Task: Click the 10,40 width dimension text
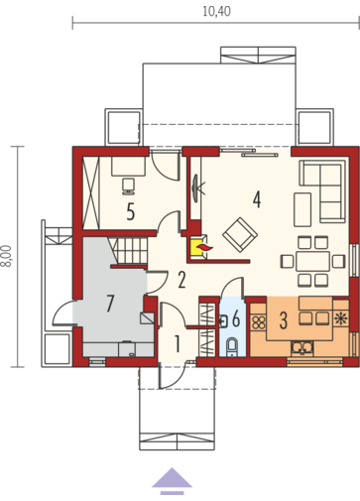click(x=216, y=12)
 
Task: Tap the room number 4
click(x=257, y=199)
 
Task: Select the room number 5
click(x=131, y=211)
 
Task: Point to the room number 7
click(x=110, y=304)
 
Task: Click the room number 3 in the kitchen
click(x=284, y=320)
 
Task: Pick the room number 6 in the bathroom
click(x=236, y=318)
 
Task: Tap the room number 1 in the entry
click(x=178, y=344)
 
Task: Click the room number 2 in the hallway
click(x=181, y=280)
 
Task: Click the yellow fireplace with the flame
click(x=198, y=247)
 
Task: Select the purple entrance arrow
click(x=172, y=481)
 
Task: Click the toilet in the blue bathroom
click(x=232, y=345)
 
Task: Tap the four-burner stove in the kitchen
click(x=258, y=322)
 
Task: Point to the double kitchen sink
click(x=301, y=348)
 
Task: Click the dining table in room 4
click(x=312, y=262)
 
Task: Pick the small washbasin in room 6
click(x=223, y=321)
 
